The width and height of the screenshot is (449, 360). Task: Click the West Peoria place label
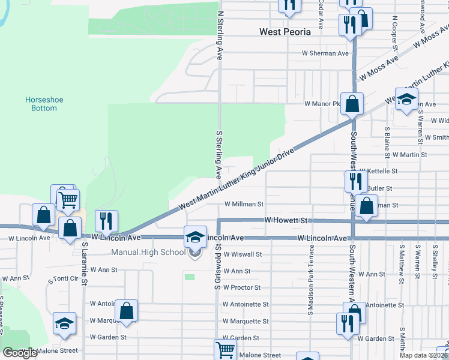285,32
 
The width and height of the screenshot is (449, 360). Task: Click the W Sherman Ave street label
325,53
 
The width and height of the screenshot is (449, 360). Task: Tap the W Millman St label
244,204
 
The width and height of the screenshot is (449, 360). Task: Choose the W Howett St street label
286,221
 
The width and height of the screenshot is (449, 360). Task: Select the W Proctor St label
242,287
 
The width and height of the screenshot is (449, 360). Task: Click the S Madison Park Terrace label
311,281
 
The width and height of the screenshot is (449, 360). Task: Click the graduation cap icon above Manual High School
195,236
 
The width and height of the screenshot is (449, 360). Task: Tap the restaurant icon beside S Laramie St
107,221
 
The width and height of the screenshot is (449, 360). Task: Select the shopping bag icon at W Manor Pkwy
352,103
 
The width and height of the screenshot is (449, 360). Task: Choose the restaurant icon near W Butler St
355,181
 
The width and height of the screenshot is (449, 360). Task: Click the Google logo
20,353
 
